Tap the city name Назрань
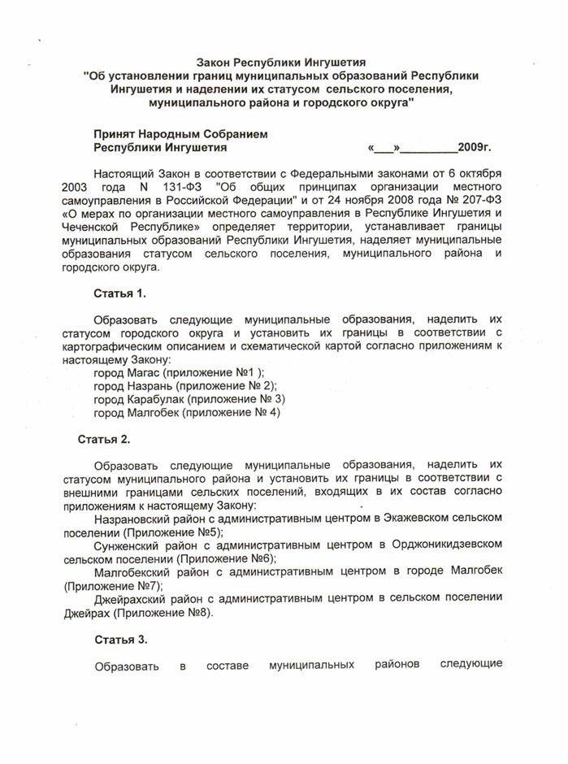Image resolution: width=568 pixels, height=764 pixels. pyautogui.click(x=150, y=385)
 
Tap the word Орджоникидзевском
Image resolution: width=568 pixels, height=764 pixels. pyautogui.click(x=460, y=545)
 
